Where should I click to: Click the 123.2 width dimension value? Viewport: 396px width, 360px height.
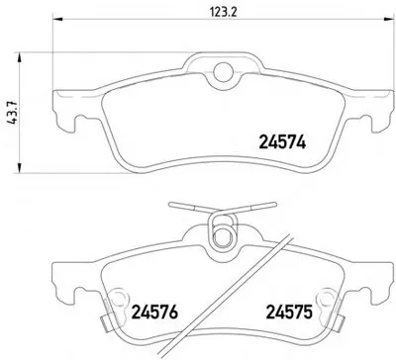point(224,12)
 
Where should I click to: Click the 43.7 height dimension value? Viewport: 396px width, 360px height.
point(13,113)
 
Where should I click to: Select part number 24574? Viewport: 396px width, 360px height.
point(282,142)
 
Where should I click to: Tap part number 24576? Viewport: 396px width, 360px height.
point(154,312)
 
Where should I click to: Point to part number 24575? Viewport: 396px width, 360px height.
point(289,312)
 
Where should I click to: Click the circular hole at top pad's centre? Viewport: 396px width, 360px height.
point(223,71)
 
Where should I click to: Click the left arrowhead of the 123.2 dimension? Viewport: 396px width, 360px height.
point(57,19)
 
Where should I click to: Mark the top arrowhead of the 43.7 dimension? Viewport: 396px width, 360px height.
point(20,57)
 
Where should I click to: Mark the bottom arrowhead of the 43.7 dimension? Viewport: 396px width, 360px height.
point(20,168)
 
